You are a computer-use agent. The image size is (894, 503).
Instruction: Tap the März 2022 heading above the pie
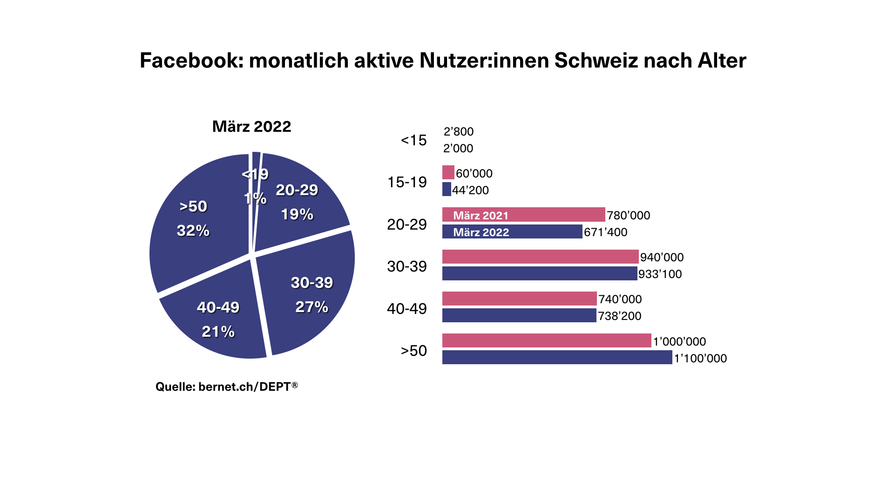pyautogui.click(x=251, y=127)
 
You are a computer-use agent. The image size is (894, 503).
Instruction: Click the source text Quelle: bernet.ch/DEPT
pyautogui.click(x=226, y=387)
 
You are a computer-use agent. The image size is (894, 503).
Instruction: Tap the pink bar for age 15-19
pyautogui.click(x=448, y=173)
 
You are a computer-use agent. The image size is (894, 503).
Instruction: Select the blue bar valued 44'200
pyautogui.click(x=447, y=190)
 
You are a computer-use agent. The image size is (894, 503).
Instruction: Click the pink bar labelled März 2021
pyautogui.click(x=523, y=215)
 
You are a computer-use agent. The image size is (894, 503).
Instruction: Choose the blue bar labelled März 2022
pyautogui.click(x=512, y=231)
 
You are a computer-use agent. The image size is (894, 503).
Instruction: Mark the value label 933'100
pyautogui.click(x=660, y=274)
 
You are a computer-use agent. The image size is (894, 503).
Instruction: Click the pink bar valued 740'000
pyautogui.click(x=519, y=299)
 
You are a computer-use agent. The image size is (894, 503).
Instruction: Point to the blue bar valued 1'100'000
pyautogui.click(x=557, y=358)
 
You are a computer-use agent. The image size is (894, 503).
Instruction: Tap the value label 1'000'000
pyautogui.click(x=679, y=341)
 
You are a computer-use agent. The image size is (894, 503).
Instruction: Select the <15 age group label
pyautogui.click(x=413, y=140)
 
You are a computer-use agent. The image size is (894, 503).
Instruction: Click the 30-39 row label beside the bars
pyautogui.click(x=406, y=266)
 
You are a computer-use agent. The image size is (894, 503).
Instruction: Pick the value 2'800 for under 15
pyautogui.click(x=458, y=132)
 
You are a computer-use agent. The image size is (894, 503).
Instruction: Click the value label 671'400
pyautogui.click(x=605, y=232)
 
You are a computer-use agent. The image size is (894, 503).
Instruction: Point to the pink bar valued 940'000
pyautogui.click(x=540, y=257)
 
